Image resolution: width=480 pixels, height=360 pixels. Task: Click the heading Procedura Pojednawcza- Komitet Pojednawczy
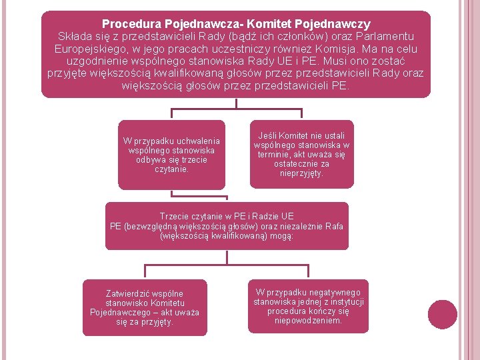pyautogui.click(x=236, y=24)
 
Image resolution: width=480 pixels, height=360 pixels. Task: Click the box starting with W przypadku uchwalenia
pyautogui.click(x=171, y=155)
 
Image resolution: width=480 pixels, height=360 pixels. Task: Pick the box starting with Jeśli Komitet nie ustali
pyautogui.click(x=301, y=154)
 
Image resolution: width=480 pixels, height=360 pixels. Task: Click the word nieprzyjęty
pyautogui.click(x=302, y=173)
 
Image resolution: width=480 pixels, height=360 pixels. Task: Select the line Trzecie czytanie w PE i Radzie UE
pyautogui.click(x=227, y=216)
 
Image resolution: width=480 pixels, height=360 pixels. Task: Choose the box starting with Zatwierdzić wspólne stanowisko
pyautogui.click(x=144, y=307)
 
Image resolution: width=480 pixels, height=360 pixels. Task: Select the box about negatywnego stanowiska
pyautogui.click(x=308, y=306)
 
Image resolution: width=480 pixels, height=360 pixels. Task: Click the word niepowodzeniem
pyautogui.click(x=308, y=320)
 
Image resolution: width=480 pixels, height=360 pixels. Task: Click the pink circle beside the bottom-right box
pyautogui.click(x=443, y=314)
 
